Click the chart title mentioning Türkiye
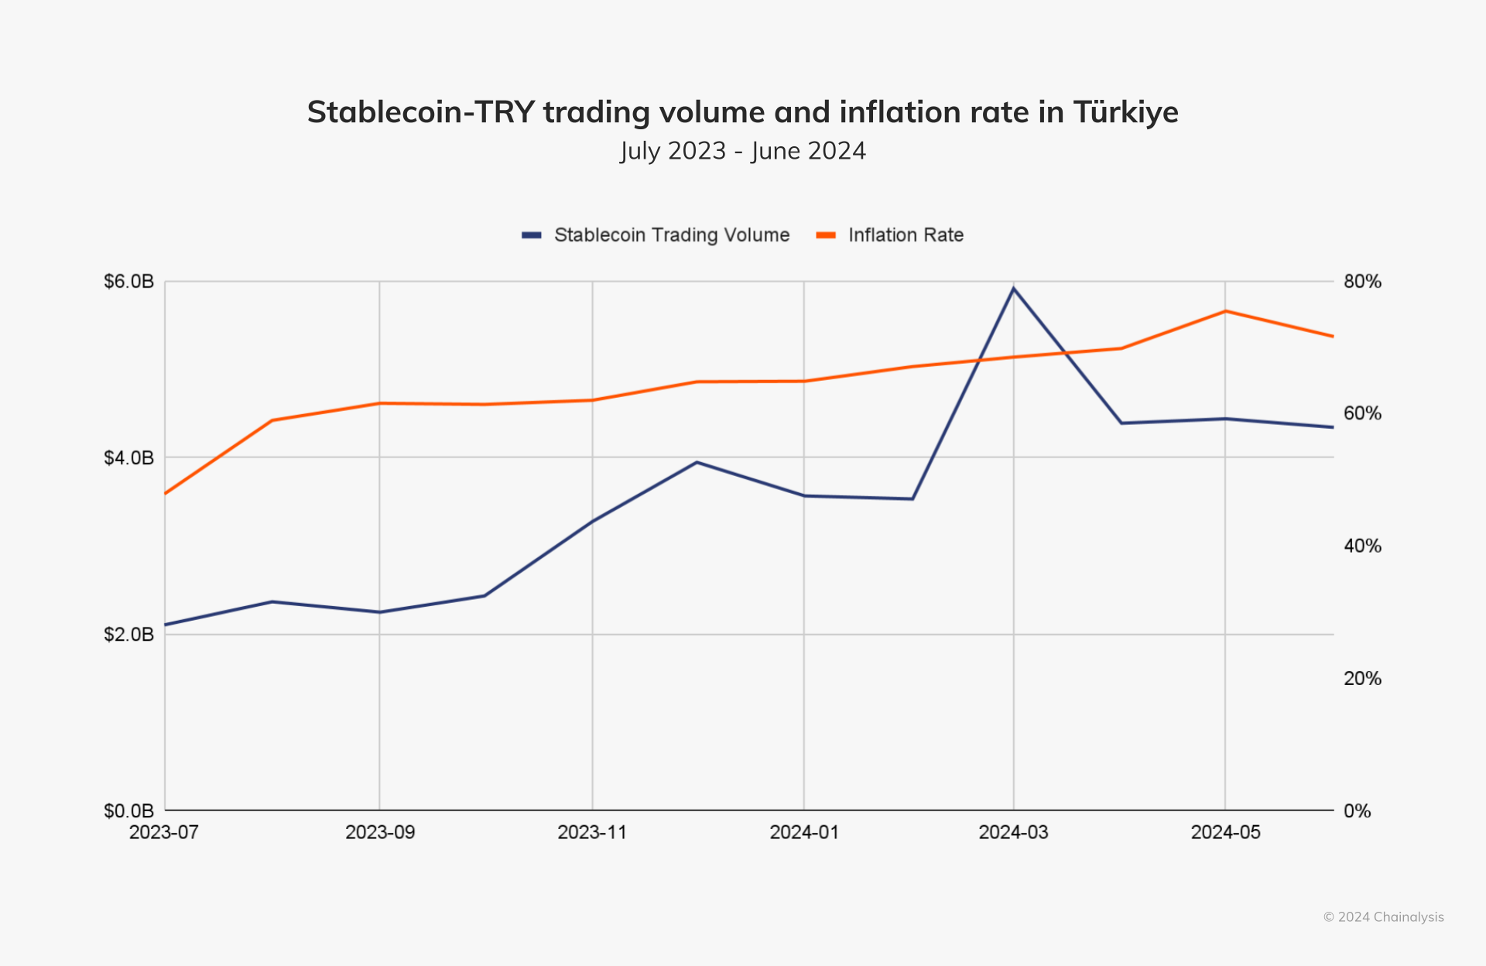click(x=742, y=112)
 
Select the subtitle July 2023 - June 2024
click(x=742, y=150)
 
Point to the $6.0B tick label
click(x=128, y=281)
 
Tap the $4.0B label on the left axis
click(x=128, y=457)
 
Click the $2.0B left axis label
click(x=128, y=635)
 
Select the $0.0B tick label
click(x=128, y=810)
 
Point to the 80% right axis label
click(x=1362, y=281)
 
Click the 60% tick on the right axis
click(x=1362, y=413)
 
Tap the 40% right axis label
click(x=1362, y=546)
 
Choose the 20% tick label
click(x=1362, y=678)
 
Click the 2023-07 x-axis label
click(x=164, y=832)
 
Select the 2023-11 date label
click(x=592, y=832)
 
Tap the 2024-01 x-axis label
click(x=804, y=832)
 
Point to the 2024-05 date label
click(x=1225, y=832)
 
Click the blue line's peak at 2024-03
click(x=1014, y=289)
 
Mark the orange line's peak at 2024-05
click(x=1225, y=311)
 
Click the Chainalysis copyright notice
click(x=1383, y=917)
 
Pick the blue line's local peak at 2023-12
click(x=697, y=462)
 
